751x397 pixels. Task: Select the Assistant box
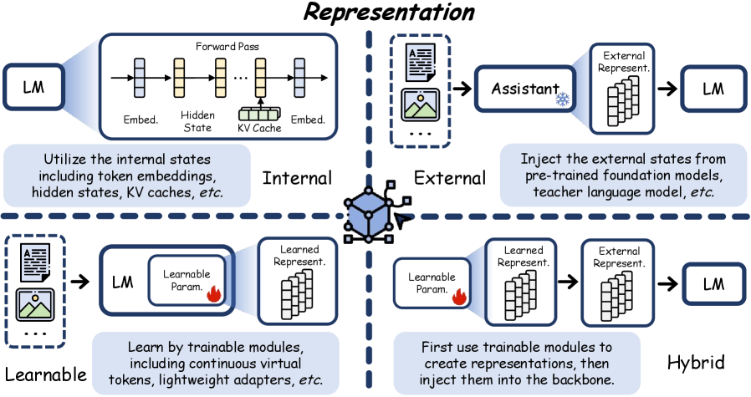coord(524,89)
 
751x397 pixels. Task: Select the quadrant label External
coord(449,177)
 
